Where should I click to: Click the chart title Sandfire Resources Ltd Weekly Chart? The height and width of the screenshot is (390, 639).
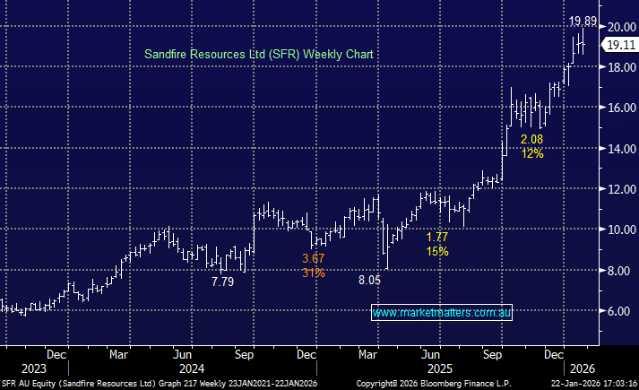[x=259, y=55]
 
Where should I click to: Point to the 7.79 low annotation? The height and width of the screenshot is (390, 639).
[x=223, y=282]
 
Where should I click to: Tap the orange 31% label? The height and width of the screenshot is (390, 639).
[x=313, y=273]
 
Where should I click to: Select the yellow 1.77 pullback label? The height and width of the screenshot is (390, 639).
[x=437, y=238]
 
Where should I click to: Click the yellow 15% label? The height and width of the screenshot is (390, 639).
[x=437, y=252]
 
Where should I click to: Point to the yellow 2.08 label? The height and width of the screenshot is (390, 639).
[x=532, y=140]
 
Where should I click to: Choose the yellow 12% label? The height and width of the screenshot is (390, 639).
[x=532, y=154]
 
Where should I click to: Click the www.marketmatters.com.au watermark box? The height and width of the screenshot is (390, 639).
[x=442, y=313]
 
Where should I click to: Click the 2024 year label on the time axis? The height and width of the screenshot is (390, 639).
[x=192, y=368]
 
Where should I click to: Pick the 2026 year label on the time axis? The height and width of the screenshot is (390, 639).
[x=583, y=368]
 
